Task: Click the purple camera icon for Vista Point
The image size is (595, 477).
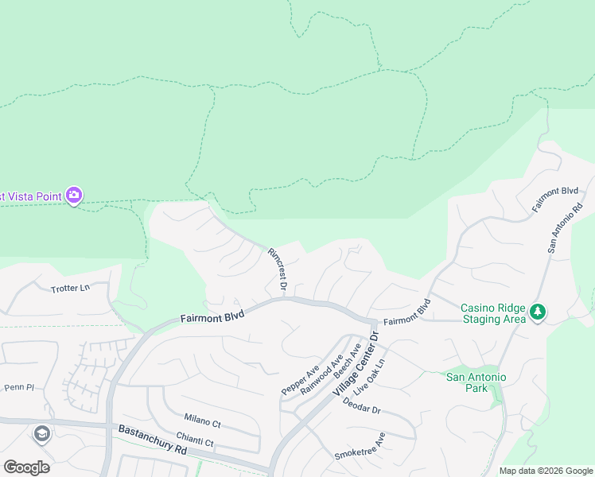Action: click(x=74, y=194)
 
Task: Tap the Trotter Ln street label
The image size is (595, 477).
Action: click(x=71, y=288)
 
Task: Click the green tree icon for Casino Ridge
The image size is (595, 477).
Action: click(x=539, y=312)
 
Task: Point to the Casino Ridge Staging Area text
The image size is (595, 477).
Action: click(x=494, y=312)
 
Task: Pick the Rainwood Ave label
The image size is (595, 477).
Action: click(x=321, y=368)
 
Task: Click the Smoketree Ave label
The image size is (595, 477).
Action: click(x=360, y=446)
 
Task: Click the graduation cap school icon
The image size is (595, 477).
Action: click(x=41, y=434)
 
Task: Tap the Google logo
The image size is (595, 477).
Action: click(x=26, y=467)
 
